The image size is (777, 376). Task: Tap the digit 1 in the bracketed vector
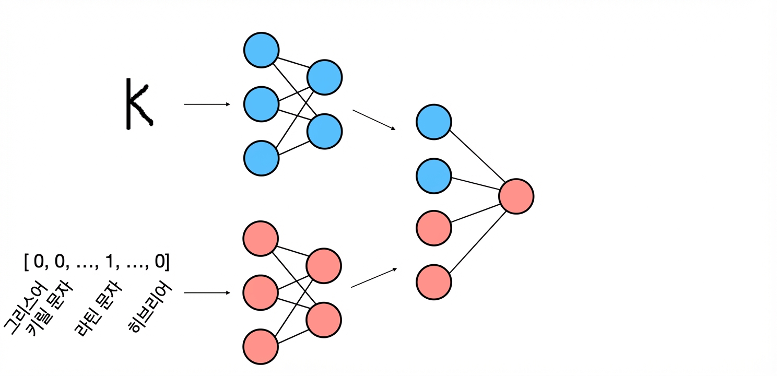click(x=110, y=261)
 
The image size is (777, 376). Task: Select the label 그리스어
click(x=25, y=308)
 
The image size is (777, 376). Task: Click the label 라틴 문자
click(x=99, y=308)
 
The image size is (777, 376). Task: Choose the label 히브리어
click(x=150, y=307)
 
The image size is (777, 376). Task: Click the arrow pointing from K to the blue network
click(x=207, y=104)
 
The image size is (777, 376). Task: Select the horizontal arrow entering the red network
click(x=207, y=293)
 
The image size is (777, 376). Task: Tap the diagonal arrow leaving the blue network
click(x=374, y=120)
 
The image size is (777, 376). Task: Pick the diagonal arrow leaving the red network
click(x=374, y=277)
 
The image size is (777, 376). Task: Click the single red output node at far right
click(x=516, y=196)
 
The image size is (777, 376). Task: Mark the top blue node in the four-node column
click(x=433, y=122)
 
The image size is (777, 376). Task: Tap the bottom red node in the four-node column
click(x=433, y=282)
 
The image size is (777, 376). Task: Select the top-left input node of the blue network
click(x=261, y=50)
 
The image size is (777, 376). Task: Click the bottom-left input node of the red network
click(x=261, y=347)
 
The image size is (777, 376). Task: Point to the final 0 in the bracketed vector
click(x=160, y=261)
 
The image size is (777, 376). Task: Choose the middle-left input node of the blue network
click(x=261, y=104)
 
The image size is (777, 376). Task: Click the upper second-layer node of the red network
click(x=324, y=266)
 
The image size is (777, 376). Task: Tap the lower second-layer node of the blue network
click(x=325, y=132)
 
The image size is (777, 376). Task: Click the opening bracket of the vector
click(x=26, y=262)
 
